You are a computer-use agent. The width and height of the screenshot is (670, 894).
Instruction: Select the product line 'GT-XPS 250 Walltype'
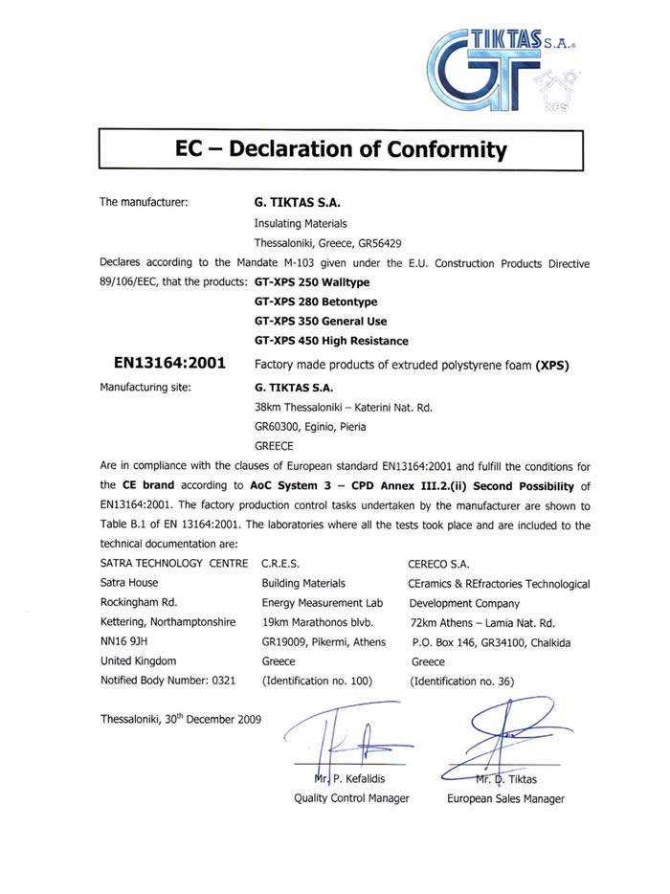pyautogui.click(x=312, y=282)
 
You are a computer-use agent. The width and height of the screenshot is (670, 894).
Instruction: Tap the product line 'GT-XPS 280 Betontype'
pyautogui.click(x=316, y=302)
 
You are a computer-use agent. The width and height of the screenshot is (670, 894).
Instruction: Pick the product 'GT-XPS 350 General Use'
pyautogui.click(x=321, y=322)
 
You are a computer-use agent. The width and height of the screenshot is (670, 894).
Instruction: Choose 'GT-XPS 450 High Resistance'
pyautogui.click(x=331, y=341)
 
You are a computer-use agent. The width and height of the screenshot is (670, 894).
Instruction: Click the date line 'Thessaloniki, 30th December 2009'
pyautogui.click(x=180, y=719)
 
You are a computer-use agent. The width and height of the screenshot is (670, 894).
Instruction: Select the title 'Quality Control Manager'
pyautogui.click(x=351, y=798)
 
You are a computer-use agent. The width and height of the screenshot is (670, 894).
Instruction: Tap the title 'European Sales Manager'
pyautogui.click(x=505, y=798)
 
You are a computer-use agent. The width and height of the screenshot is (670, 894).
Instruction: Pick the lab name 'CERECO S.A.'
pyautogui.click(x=438, y=563)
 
